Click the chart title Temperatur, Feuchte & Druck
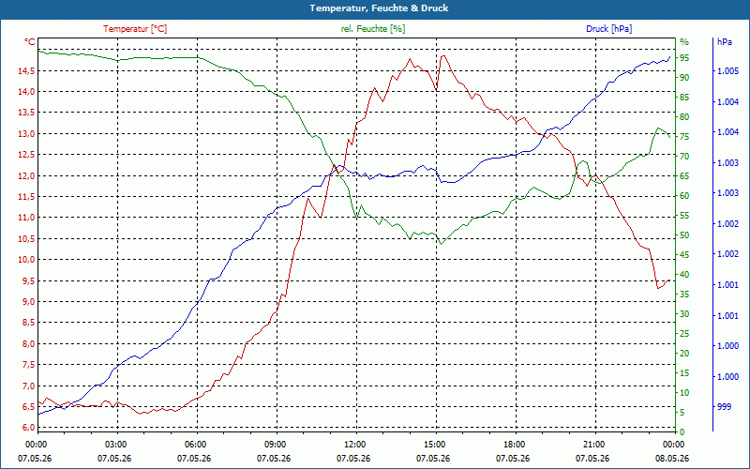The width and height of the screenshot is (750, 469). pos(379,8)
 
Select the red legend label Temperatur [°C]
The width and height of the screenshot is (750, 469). pos(135,29)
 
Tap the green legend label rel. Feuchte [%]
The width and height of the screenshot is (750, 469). pos(372,29)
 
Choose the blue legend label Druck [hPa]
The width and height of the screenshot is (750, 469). pos(608,29)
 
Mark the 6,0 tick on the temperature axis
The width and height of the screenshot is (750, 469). pos(28,428)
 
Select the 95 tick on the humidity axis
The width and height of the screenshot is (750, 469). pos(684,58)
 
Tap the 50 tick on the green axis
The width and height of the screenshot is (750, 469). pos(684,235)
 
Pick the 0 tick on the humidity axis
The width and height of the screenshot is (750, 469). pos(682,432)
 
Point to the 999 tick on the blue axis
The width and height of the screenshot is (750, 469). pos(724,407)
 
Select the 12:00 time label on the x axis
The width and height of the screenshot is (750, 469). pos(356,445)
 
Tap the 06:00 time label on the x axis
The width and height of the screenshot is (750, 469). pos(197,445)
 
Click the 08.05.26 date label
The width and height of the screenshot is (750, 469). pos(672,459)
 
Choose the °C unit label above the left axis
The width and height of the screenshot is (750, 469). pos(30,42)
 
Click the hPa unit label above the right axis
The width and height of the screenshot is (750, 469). pos(724,42)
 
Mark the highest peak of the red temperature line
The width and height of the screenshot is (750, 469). pos(443,55)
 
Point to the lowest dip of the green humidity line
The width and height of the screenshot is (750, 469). pos(441,244)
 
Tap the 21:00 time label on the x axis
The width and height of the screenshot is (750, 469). pos(595,445)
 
